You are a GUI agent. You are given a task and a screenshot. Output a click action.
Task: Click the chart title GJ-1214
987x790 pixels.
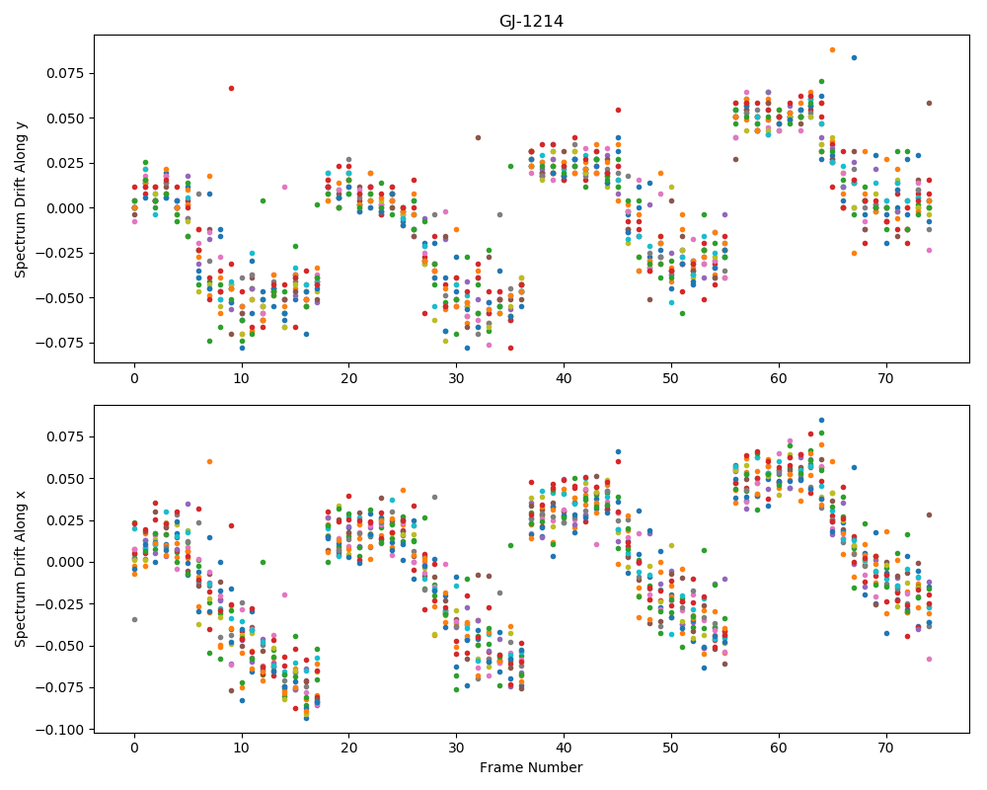click(x=531, y=22)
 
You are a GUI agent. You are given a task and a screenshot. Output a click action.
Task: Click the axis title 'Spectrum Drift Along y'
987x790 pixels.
click(x=21, y=199)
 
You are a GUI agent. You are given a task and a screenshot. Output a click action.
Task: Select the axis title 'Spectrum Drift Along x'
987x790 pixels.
click(x=21, y=569)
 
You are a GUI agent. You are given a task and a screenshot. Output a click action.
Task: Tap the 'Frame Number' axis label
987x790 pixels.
click(x=531, y=767)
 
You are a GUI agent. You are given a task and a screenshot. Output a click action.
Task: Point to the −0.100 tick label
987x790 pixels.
click(x=61, y=730)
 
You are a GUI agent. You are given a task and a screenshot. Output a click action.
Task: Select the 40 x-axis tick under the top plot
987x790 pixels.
click(x=564, y=378)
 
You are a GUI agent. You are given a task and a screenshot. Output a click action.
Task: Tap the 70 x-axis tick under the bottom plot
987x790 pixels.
click(x=886, y=748)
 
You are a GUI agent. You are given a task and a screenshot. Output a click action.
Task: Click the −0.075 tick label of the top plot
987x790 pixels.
click(x=61, y=343)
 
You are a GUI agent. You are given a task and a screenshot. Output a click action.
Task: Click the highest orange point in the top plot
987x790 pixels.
click(x=832, y=49)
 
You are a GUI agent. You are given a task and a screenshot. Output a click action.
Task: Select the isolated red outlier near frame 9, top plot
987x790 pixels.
click(x=231, y=88)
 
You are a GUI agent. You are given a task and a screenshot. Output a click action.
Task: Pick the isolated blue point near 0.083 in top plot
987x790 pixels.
click(x=854, y=58)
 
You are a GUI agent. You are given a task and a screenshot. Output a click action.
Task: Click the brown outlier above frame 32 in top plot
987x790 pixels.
click(x=478, y=137)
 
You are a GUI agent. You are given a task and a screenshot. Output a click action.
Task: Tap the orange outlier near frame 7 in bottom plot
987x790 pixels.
click(x=209, y=462)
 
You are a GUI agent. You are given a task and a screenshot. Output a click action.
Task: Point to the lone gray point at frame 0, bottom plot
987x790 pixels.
click(x=134, y=620)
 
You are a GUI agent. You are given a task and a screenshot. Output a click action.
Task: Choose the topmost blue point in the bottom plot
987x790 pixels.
click(x=821, y=421)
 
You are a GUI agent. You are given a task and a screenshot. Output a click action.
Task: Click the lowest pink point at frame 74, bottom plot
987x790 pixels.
click(x=929, y=659)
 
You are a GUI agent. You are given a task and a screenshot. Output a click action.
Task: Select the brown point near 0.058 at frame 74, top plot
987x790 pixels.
click(x=929, y=104)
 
